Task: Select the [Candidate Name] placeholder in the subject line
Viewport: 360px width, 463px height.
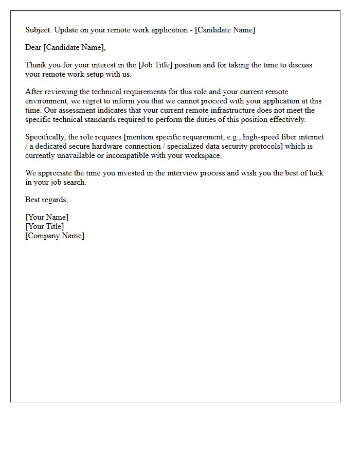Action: point(225,30)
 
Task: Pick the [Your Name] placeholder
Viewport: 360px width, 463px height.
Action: point(47,217)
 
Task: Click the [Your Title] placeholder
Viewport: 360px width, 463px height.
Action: point(45,226)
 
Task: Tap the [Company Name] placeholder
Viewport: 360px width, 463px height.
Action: point(55,236)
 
